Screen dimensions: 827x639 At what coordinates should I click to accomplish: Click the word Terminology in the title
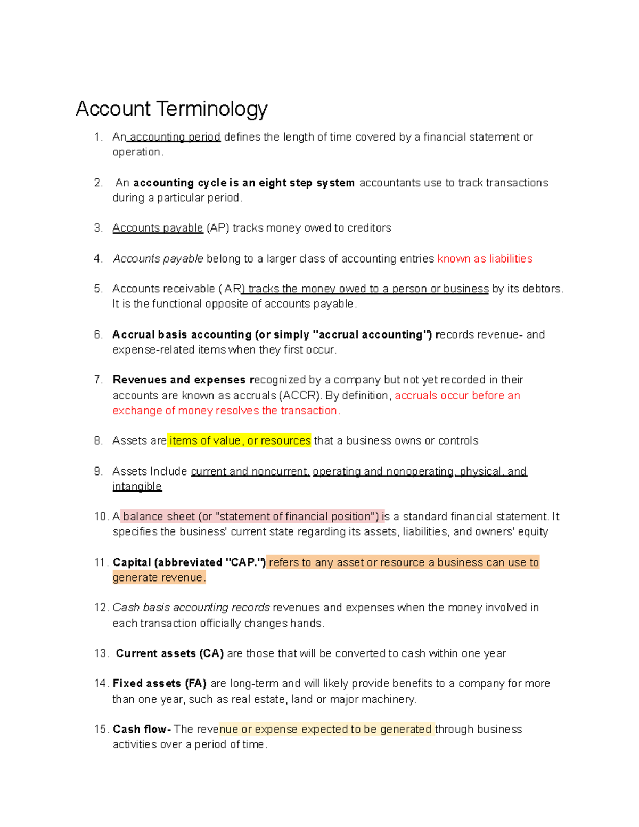212,109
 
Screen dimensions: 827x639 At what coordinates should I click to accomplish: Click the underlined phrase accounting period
175,137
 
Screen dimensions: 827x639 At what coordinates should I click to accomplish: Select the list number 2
98,183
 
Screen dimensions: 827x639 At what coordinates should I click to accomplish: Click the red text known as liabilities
485,259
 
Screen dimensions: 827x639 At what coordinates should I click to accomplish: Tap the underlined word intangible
137,486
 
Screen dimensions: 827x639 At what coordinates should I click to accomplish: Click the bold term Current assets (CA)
169,653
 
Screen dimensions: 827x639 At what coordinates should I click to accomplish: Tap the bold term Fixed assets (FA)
159,683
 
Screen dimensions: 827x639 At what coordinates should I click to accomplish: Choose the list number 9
98,471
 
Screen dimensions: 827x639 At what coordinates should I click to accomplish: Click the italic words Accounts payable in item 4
158,259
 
